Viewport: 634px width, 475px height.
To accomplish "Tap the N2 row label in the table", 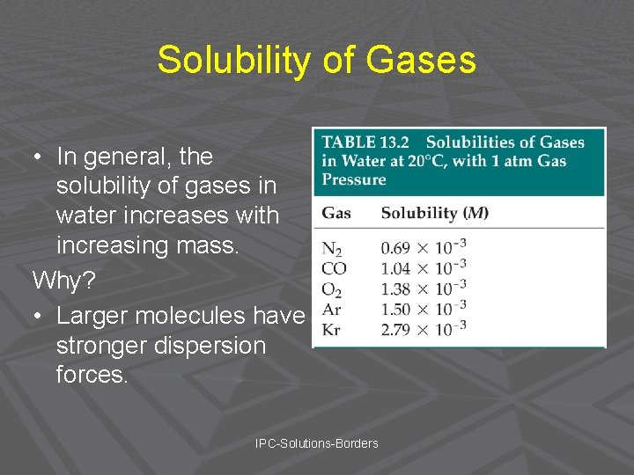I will (x=332, y=250).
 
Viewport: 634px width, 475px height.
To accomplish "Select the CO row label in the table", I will (x=334, y=269).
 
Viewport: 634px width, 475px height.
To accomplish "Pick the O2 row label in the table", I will (x=332, y=289).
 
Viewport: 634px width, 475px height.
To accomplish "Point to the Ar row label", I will (x=331, y=310).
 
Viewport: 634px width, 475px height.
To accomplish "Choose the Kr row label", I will (x=331, y=330).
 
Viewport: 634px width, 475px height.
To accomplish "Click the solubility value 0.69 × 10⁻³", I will (x=423, y=248).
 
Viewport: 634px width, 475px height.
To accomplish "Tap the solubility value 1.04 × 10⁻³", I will (x=423, y=268).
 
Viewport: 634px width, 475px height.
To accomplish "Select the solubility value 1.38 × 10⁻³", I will (x=423, y=289).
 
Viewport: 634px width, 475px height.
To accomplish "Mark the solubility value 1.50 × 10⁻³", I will (x=423, y=309).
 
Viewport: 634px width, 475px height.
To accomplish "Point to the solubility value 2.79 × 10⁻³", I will (x=423, y=329).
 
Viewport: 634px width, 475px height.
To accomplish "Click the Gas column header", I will (x=335, y=213).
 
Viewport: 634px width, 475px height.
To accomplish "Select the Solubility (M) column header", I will (x=434, y=213).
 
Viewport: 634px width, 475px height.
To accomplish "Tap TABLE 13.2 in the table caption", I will (x=362, y=142).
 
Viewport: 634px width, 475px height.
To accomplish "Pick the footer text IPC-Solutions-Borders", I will (x=316, y=443).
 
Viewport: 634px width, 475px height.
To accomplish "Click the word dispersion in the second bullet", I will (x=204, y=345).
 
